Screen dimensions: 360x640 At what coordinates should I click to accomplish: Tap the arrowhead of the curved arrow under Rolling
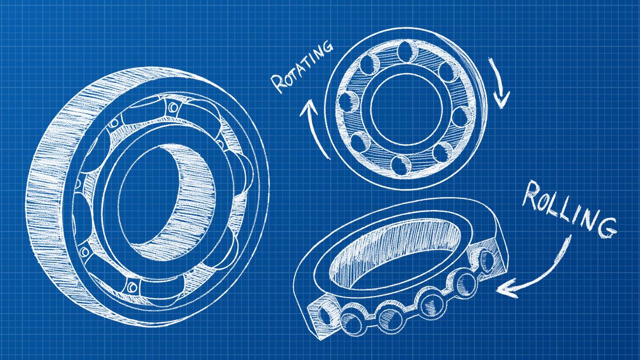tap(502, 289)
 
